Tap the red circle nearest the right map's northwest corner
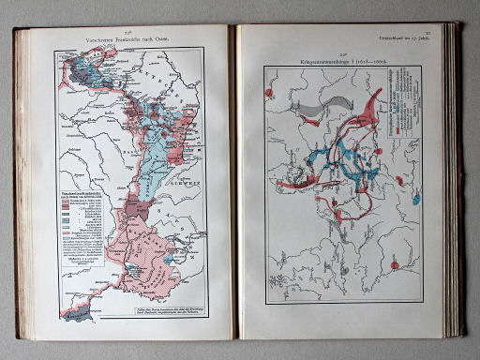(x=272, y=93)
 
